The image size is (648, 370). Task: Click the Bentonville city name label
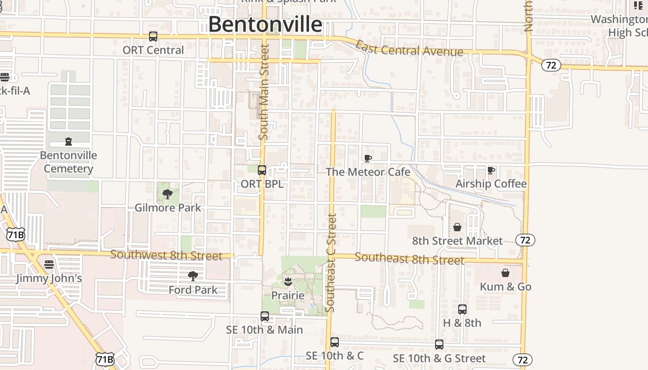click(265, 25)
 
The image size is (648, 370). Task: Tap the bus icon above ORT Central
click(153, 37)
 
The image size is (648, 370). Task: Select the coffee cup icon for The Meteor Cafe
click(368, 159)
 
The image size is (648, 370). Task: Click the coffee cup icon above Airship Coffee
click(491, 171)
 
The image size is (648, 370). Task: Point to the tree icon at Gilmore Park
click(168, 194)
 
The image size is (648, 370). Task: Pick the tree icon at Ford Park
click(193, 276)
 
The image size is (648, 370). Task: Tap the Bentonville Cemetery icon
click(69, 142)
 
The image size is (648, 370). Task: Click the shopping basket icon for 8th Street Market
click(457, 227)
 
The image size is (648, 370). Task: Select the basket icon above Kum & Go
click(505, 273)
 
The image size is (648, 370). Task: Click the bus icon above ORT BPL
click(262, 170)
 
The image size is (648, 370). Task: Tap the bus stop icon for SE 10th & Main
click(265, 316)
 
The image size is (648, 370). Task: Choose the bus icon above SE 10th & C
click(335, 342)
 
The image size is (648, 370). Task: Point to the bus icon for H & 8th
click(462, 309)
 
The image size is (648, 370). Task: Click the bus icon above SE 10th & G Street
click(439, 345)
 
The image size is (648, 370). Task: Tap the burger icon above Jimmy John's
click(49, 265)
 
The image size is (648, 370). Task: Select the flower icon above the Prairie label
click(288, 282)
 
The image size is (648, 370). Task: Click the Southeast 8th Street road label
click(409, 259)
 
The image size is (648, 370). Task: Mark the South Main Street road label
click(264, 92)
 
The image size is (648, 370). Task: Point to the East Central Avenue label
click(409, 49)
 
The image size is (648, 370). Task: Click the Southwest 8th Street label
click(166, 255)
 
